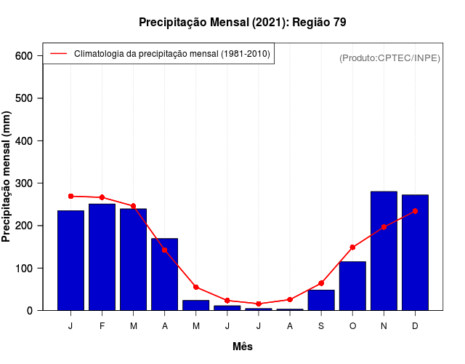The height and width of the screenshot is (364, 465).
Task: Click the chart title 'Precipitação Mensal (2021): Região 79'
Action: (242, 23)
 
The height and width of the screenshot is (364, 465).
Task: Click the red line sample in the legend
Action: (58, 53)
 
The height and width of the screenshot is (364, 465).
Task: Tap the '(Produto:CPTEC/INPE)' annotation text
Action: (389, 58)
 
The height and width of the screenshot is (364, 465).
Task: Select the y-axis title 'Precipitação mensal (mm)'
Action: (8, 176)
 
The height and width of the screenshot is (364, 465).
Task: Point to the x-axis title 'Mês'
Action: (242, 347)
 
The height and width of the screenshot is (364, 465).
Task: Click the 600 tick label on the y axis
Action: (23, 56)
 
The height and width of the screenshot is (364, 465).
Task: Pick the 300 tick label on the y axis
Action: (23, 183)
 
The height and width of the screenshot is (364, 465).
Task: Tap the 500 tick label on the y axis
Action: (23, 98)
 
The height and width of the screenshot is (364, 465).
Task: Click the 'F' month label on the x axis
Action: (102, 326)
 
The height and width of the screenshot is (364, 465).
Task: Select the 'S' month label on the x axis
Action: (321, 326)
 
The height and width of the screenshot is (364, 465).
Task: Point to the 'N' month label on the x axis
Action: (384, 326)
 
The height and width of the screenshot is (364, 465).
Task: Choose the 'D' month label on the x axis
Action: (415, 326)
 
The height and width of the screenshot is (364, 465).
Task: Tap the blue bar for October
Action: (352, 286)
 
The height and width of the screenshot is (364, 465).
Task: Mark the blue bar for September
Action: (321, 300)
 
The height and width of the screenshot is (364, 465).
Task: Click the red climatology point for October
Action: (352, 248)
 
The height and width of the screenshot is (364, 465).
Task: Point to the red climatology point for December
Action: (415, 211)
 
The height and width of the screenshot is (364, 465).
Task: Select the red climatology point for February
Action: (102, 197)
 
